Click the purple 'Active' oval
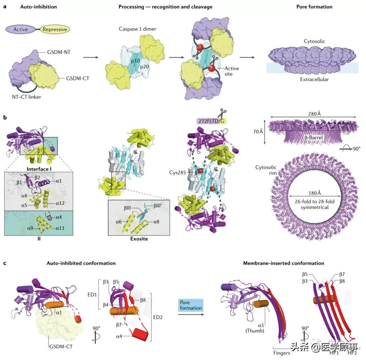tap(20, 29)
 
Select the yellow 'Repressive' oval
tap(55, 29)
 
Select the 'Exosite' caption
tap(139, 239)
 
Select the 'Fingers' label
tap(281, 353)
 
